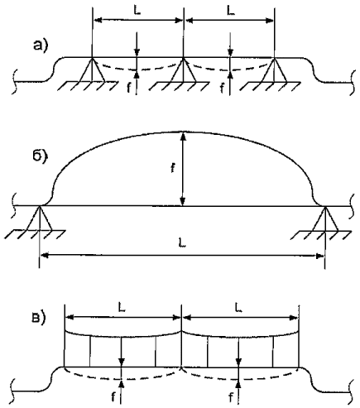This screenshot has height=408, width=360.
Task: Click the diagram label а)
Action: click(41, 45)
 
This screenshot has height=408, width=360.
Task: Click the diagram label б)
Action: click(41, 156)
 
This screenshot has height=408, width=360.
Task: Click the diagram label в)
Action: click(37, 318)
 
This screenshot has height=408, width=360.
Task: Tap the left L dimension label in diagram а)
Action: click(137, 11)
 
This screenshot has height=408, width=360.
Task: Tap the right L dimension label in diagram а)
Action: click(231, 11)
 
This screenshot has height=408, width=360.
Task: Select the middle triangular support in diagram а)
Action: click(183, 70)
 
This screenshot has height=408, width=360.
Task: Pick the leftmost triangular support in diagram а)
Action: click(92, 70)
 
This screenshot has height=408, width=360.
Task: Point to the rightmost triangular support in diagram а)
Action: click(274, 70)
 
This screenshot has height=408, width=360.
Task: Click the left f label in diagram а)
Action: click(129, 89)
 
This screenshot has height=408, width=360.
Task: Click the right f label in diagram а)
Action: click(223, 89)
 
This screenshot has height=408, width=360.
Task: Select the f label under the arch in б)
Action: click(173, 168)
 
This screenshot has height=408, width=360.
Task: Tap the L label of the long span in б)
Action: click(181, 242)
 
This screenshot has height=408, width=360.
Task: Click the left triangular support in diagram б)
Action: click(40, 218)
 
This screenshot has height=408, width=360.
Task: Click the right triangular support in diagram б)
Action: click(325, 218)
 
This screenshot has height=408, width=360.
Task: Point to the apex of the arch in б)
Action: click(183, 132)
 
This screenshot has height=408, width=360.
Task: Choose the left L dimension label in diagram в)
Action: click(122, 308)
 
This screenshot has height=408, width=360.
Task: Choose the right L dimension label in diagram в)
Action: click(238, 308)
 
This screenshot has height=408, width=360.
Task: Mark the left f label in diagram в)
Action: click(113, 397)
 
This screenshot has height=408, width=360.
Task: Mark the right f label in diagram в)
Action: click(231, 397)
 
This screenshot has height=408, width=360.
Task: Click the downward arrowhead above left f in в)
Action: click(122, 362)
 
